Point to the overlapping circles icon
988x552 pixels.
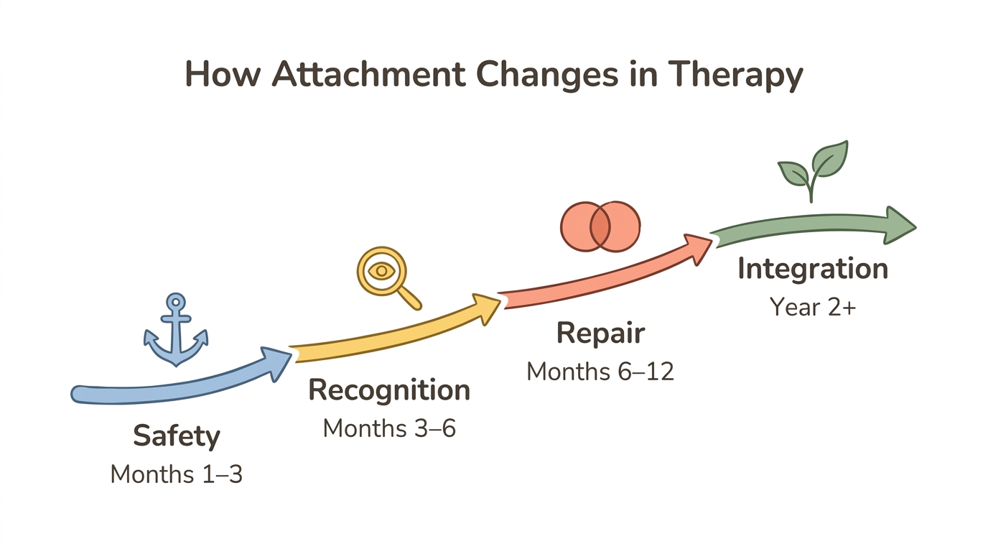pyautogui.click(x=600, y=226)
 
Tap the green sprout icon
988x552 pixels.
pyautogui.click(x=813, y=171)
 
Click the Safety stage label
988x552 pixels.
pyautogui.click(x=177, y=436)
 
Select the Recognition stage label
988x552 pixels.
pyautogui.click(x=389, y=390)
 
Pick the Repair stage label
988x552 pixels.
pyautogui.click(x=600, y=333)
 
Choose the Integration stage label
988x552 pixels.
pyautogui.click(x=813, y=269)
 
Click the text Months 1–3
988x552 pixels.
pyautogui.click(x=177, y=474)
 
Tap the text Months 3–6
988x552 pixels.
pyautogui.click(x=389, y=428)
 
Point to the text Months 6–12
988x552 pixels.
pyautogui.click(x=600, y=372)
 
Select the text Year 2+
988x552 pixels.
pyautogui.click(x=813, y=307)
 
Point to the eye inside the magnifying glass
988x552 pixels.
pyautogui.click(x=381, y=272)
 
